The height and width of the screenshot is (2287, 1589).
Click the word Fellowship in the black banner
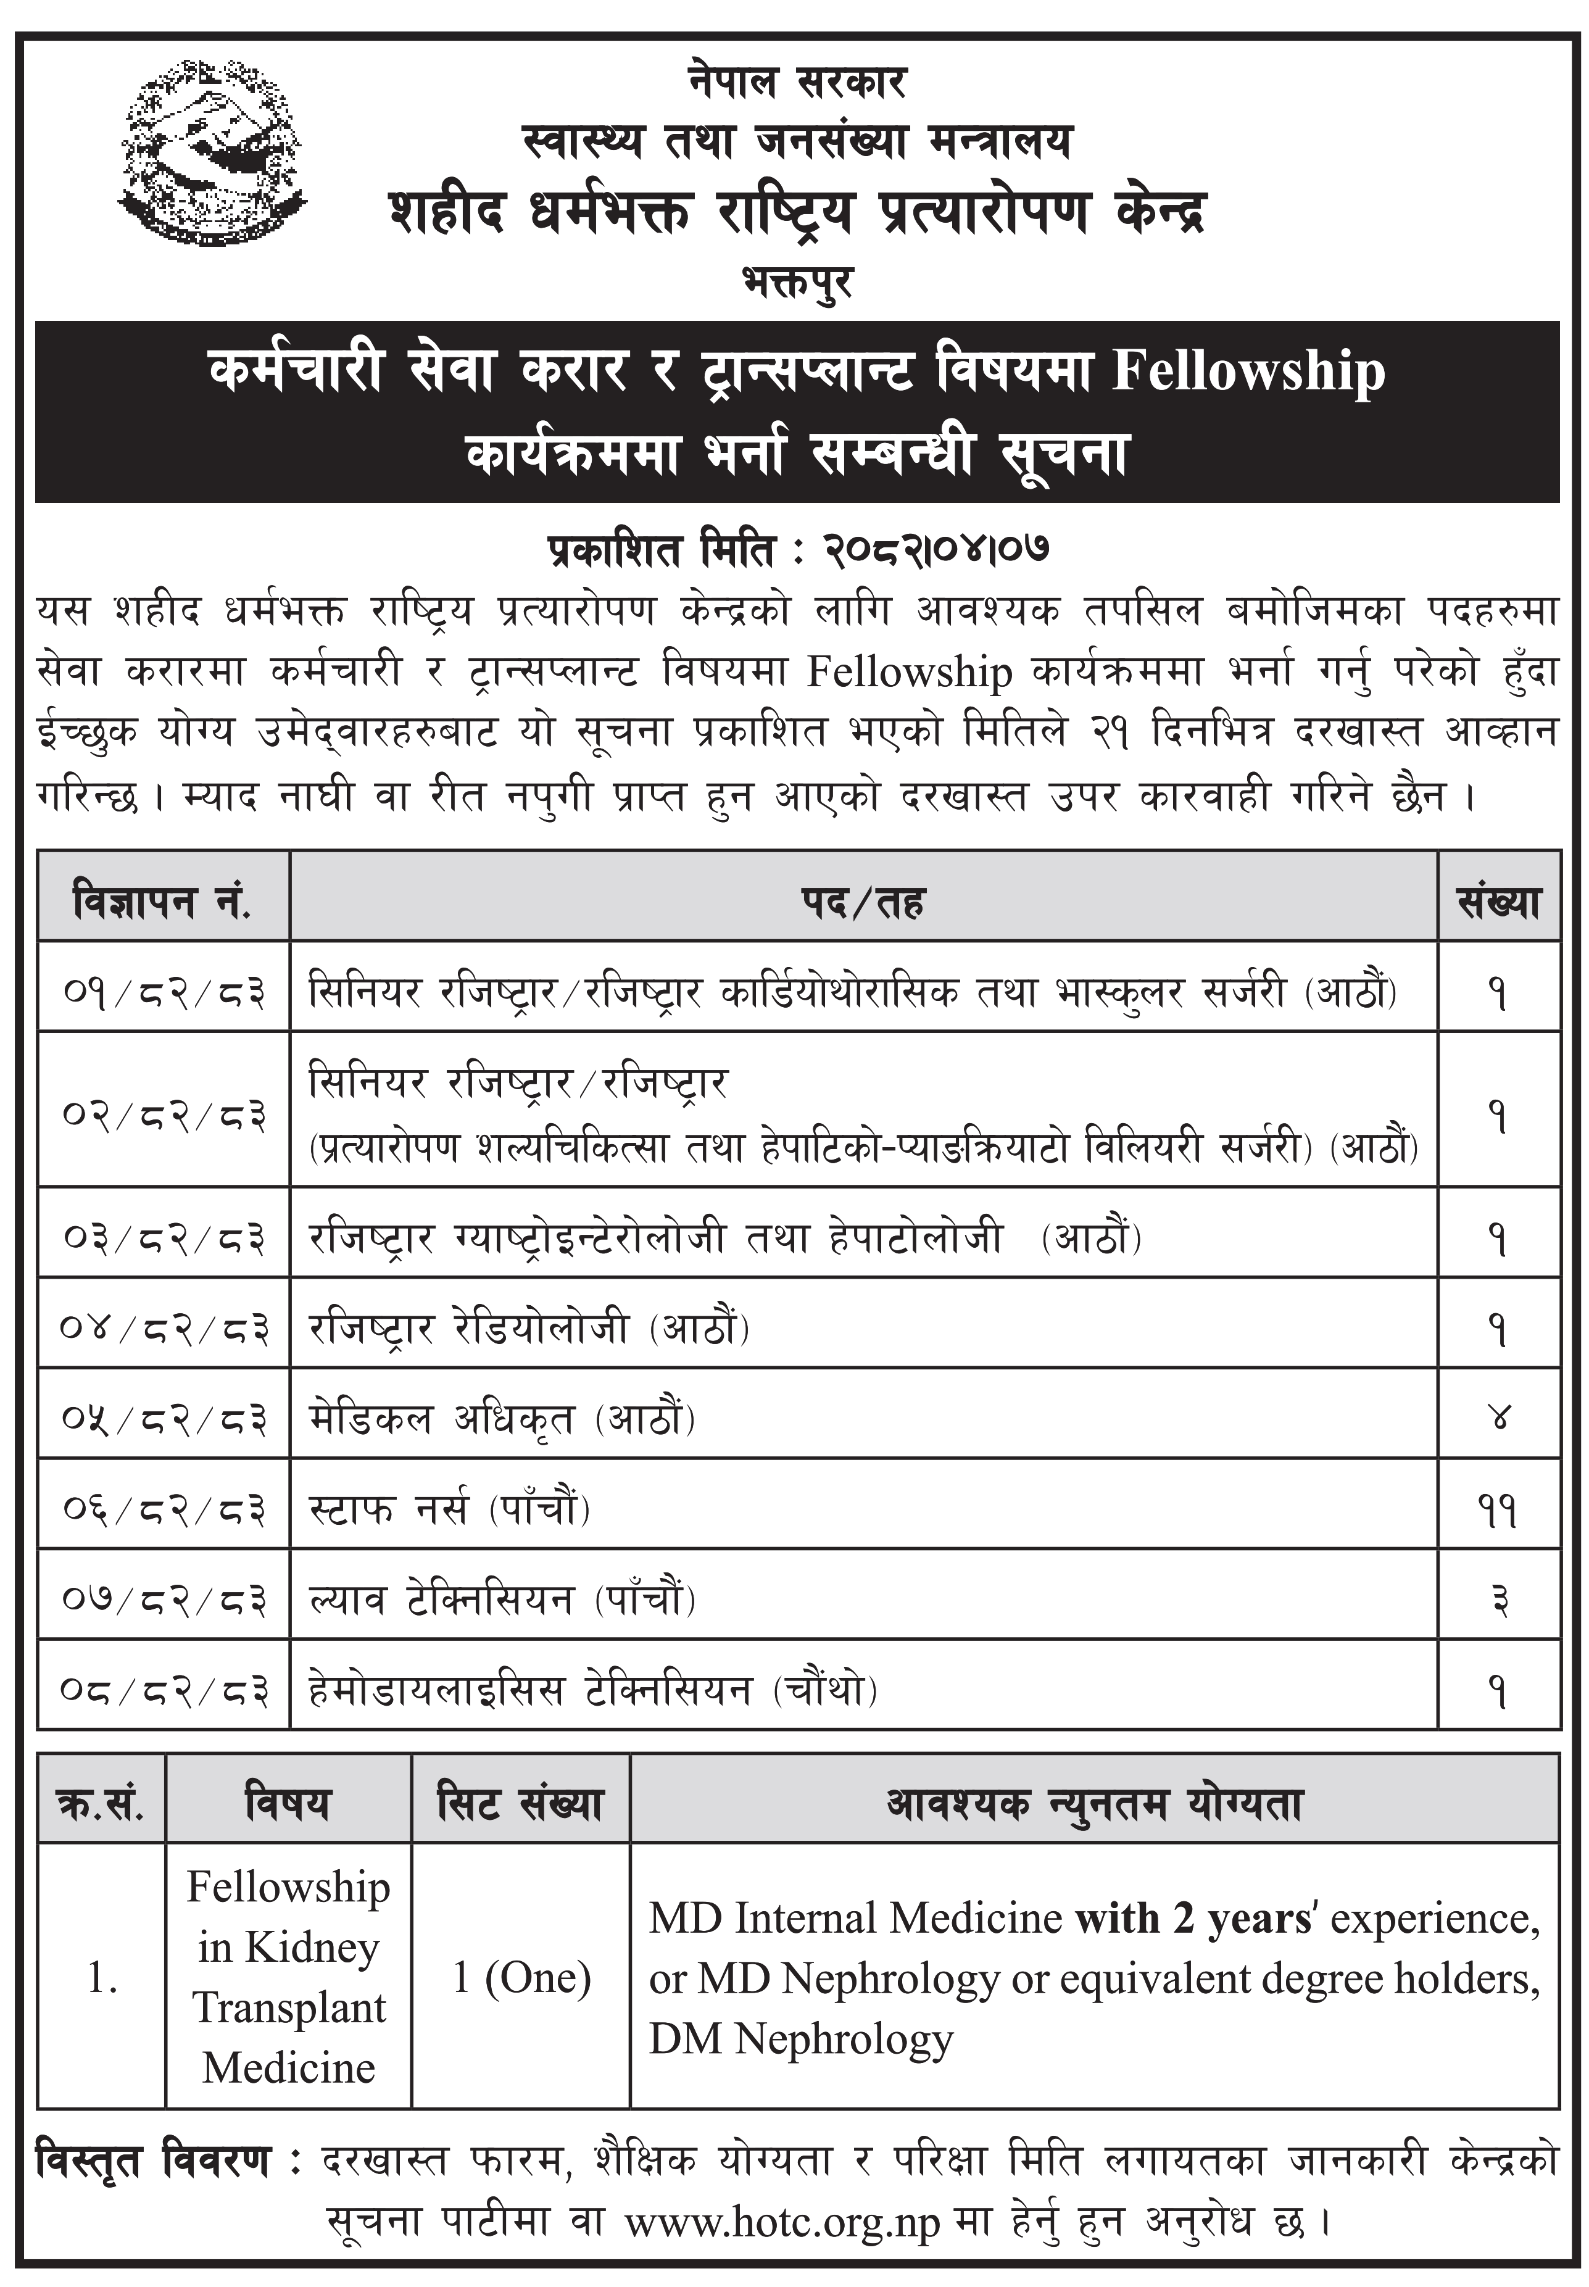pyautogui.click(x=1248, y=371)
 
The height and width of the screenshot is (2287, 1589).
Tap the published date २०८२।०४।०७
pyautogui.click(x=936, y=550)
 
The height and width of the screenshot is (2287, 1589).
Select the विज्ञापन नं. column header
pyautogui.click(x=162, y=902)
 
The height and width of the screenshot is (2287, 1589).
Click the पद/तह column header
pyautogui.click(x=862, y=902)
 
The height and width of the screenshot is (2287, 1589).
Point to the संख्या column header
pyautogui.click(x=1498, y=902)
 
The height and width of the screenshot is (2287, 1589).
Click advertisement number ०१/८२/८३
pyautogui.click(x=164, y=993)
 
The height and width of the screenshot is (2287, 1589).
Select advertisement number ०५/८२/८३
pyautogui.click(x=164, y=1419)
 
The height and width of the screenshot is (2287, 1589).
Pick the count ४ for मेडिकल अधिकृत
pyautogui.click(x=1498, y=1419)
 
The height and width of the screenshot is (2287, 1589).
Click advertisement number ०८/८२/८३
pyautogui.click(x=164, y=1690)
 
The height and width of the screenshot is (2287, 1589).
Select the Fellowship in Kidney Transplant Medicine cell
pyautogui.click(x=289, y=1977)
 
